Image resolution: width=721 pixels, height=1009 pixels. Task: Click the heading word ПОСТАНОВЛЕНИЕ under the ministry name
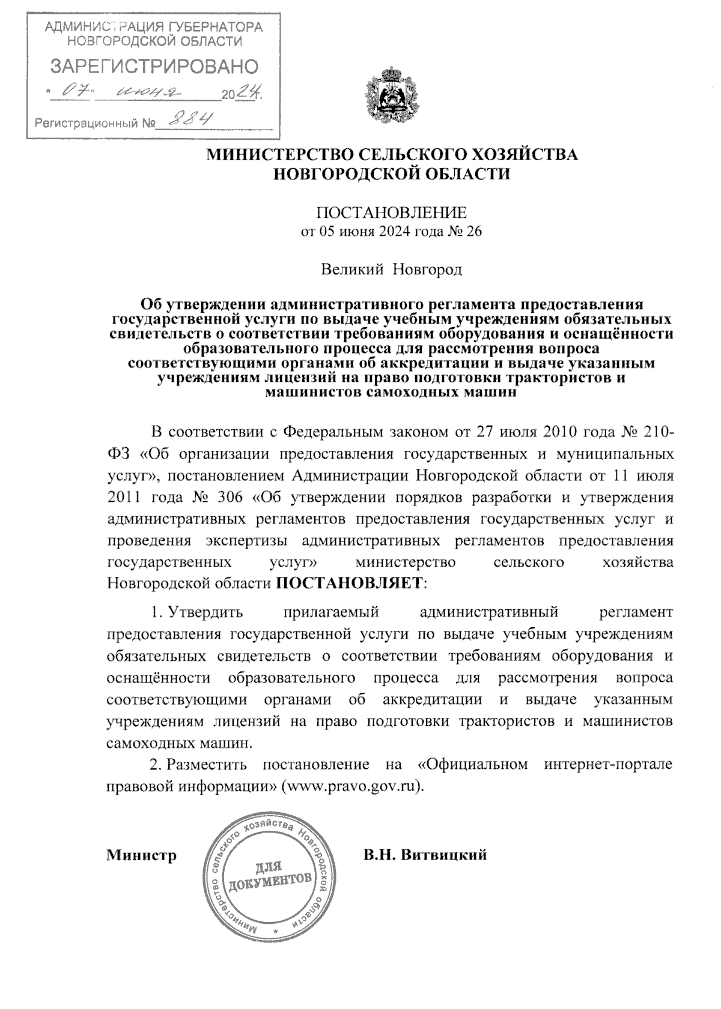tap(391, 212)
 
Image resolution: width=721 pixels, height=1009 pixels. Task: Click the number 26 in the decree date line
tap(474, 232)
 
